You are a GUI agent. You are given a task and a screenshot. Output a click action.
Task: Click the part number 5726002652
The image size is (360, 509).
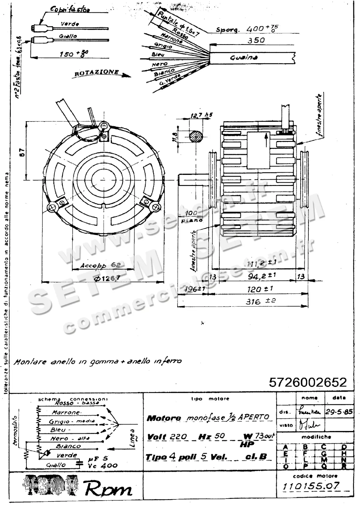[308, 382]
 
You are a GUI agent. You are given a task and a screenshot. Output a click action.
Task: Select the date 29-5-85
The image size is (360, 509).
[339, 412]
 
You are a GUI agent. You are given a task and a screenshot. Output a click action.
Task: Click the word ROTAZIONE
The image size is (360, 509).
[96, 73]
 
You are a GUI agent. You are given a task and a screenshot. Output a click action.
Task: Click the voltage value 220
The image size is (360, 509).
[178, 437]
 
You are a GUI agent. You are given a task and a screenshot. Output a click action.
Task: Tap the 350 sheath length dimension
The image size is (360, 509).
[256, 40]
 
